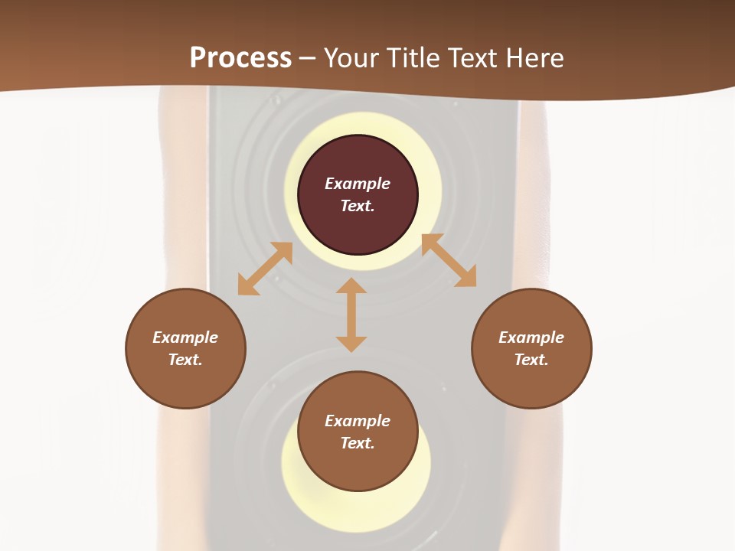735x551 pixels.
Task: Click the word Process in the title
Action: click(x=240, y=58)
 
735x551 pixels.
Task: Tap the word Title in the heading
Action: click(x=412, y=58)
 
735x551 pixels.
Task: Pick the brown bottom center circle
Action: click(x=358, y=467)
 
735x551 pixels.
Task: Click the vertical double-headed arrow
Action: click(x=351, y=315)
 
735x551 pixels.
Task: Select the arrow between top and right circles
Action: click(x=449, y=260)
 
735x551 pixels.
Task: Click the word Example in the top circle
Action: click(x=358, y=184)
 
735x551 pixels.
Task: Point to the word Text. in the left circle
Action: click(x=185, y=360)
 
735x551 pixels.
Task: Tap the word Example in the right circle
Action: click(x=531, y=337)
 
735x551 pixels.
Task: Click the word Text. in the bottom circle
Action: click(x=358, y=443)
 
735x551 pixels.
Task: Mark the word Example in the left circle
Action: click(x=185, y=337)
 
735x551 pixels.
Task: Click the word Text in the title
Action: click(x=471, y=58)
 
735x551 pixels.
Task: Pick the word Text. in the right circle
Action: click(x=531, y=360)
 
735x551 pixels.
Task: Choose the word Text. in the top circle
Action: click(x=358, y=206)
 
